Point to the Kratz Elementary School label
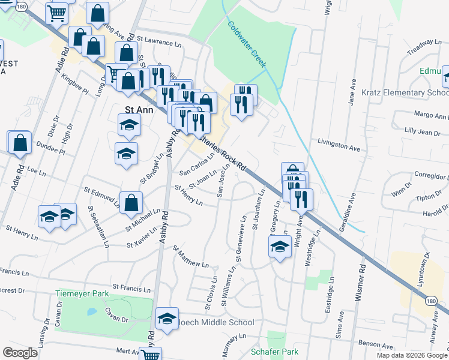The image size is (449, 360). pos(405,93)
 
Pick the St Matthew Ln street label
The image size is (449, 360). pos(191,256)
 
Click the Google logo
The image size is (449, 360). pos(20,353)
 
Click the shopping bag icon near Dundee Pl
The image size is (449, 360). pos(20,143)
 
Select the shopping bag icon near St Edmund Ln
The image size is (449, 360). pos(131,203)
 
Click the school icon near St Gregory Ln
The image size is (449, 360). pos(280,247)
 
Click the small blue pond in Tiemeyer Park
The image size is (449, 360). pos(91,312)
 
